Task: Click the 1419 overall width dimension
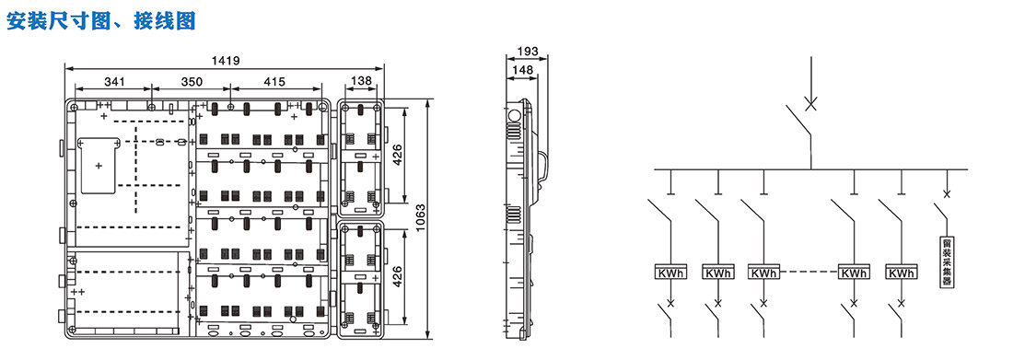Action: (x=226, y=61)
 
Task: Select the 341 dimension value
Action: (x=113, y=82)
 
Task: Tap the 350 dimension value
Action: (x=192, y=82)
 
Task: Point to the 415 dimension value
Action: (x=274, y=82)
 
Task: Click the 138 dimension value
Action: (x=361, y=82)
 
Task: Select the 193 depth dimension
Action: (x=528, y=51)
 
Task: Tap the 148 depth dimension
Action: (x=522, y=68)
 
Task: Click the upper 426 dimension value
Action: (x=398, y=155)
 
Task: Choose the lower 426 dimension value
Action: (x=398, y=276)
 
